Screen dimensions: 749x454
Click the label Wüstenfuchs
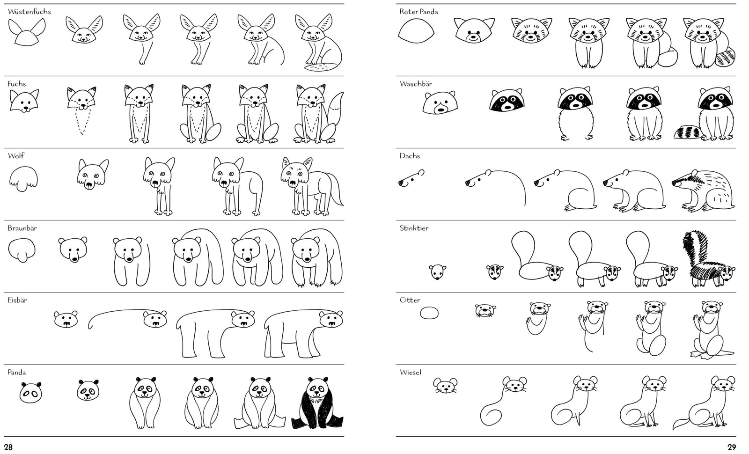point(29,12)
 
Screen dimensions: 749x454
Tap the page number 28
point(8,447)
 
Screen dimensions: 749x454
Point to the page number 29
point(732,447)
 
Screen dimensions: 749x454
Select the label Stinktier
point(414,228)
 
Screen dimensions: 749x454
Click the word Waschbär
point(416,84)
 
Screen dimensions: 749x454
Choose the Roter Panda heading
point(419,12)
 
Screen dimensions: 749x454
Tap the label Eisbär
point(17,300)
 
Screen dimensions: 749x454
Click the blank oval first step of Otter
point(429,313)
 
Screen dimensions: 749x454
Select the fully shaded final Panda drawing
point(317,403)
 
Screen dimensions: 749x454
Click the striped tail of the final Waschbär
point(688,132)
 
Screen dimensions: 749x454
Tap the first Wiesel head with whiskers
point(446,385)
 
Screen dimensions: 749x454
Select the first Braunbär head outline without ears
point(22,250)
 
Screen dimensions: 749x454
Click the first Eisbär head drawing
point(66,319)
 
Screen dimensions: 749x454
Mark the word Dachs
point(410,156)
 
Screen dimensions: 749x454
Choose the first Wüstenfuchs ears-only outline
point(27,32)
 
